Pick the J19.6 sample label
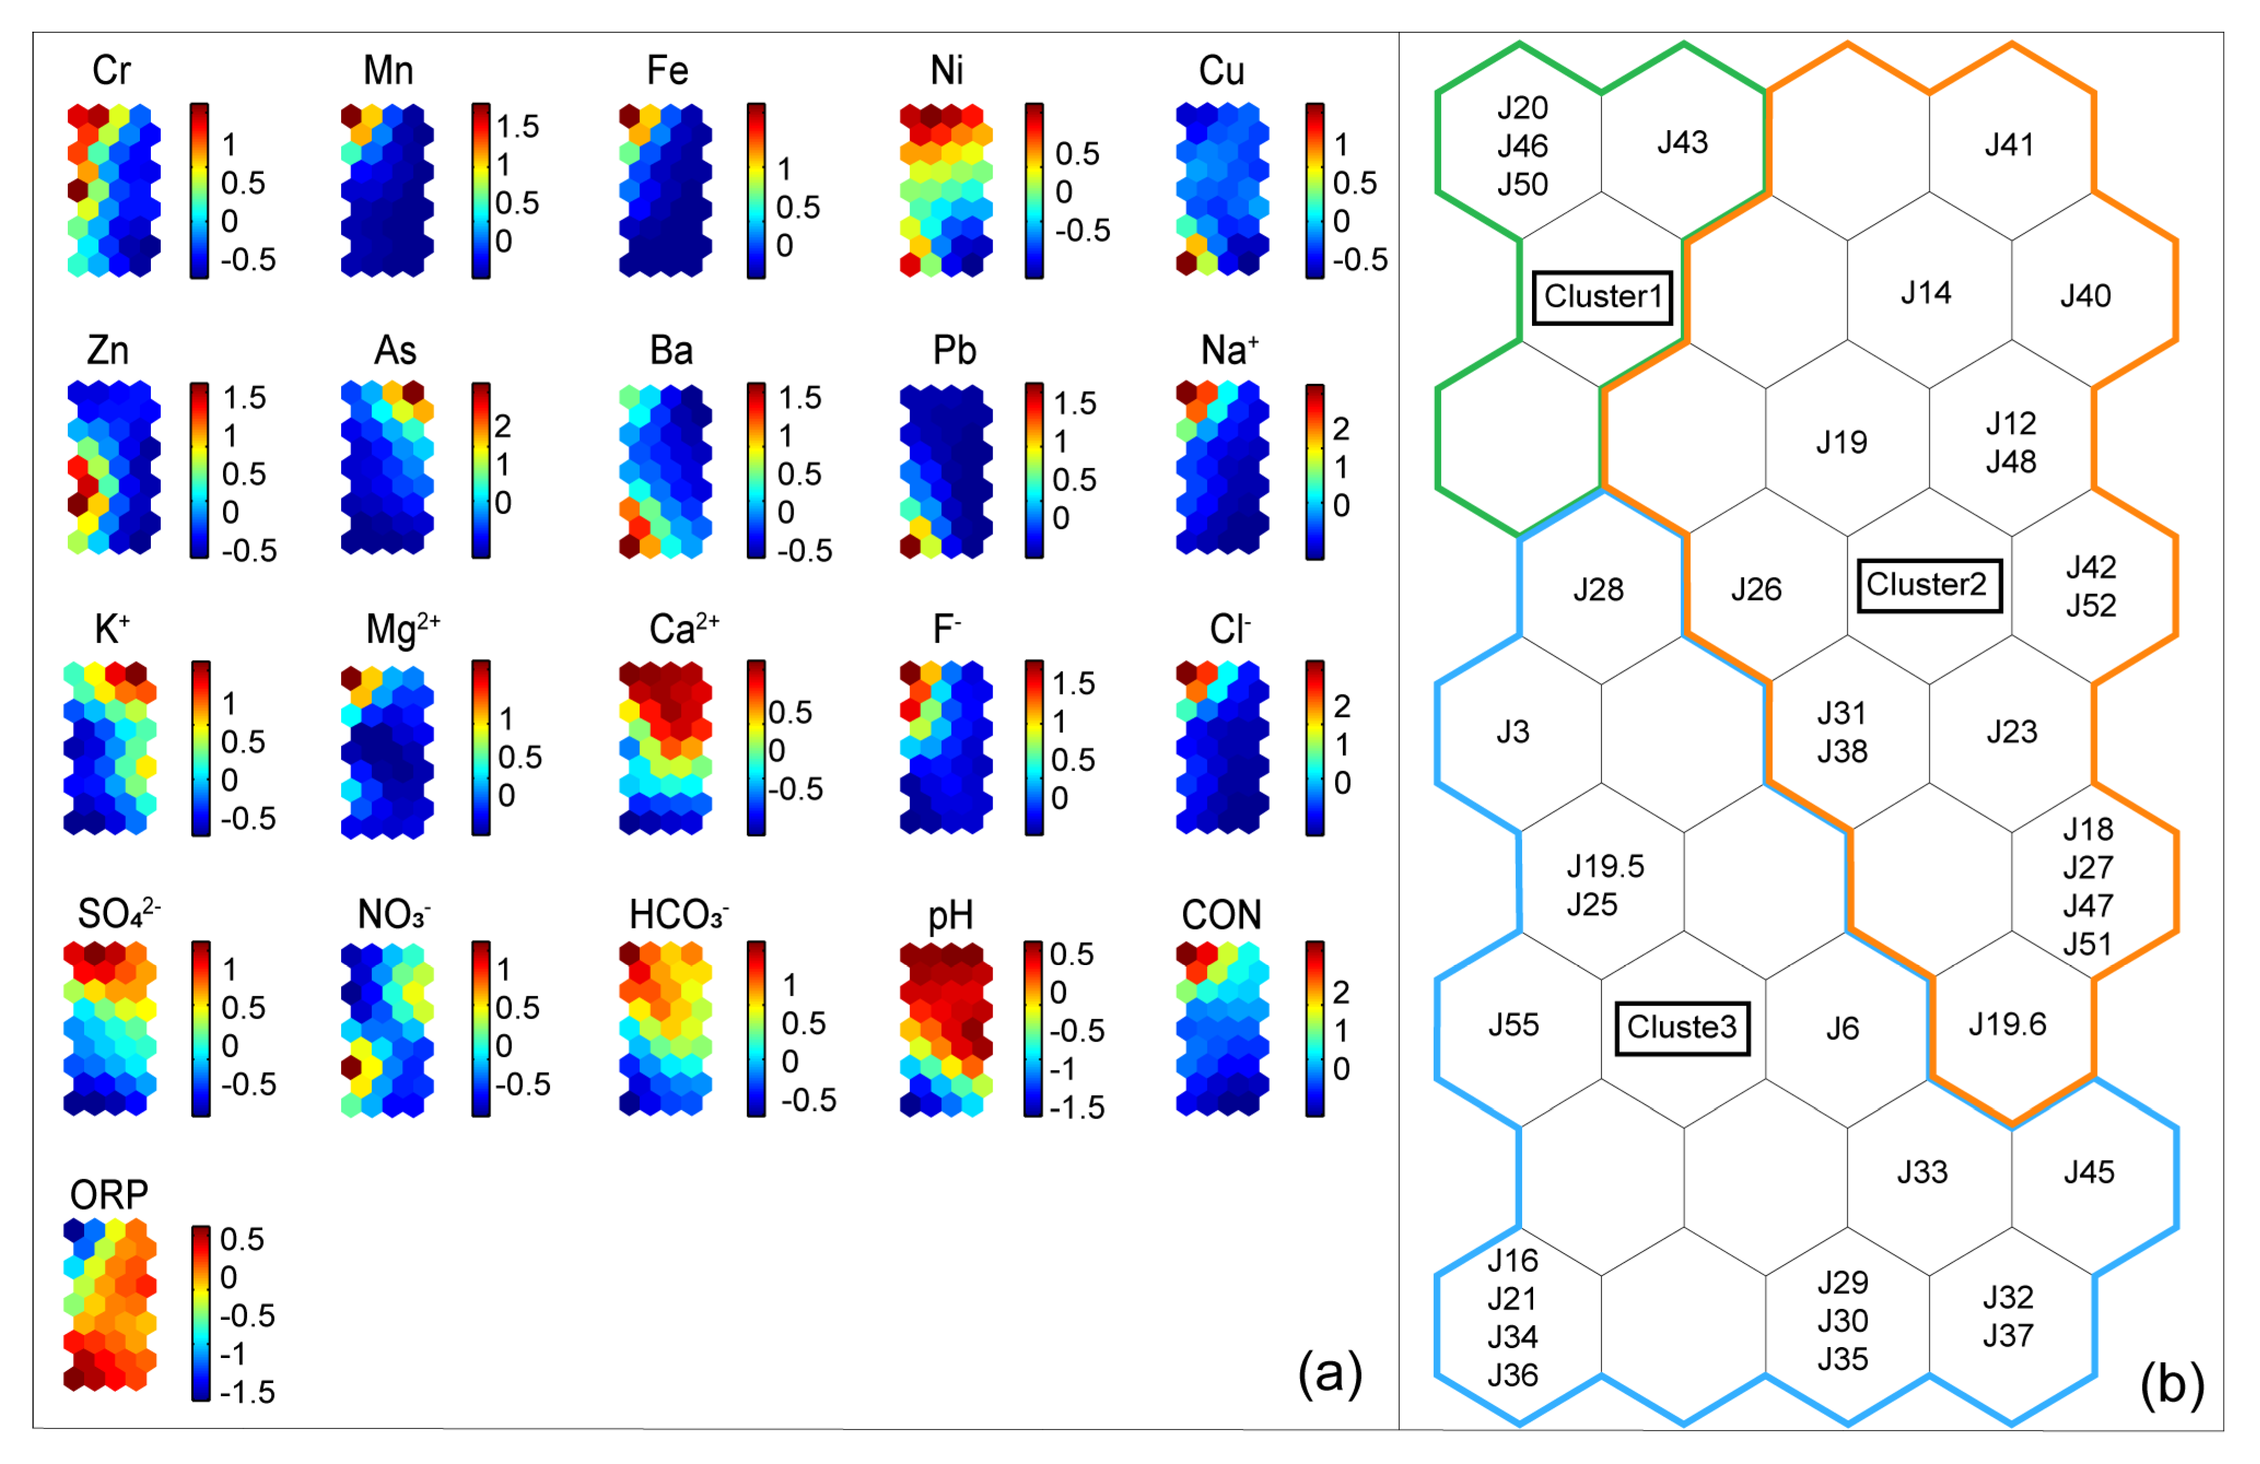tap(2006, 1025)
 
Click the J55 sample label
tap(1513, 1025)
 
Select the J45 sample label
tap(2088, 1173)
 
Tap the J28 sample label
tap(1598, 590)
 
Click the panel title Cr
tap(111, 71)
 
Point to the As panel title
tap(395, 351)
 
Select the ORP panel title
tap(109, 1195)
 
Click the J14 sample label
tap(1926, 292)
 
